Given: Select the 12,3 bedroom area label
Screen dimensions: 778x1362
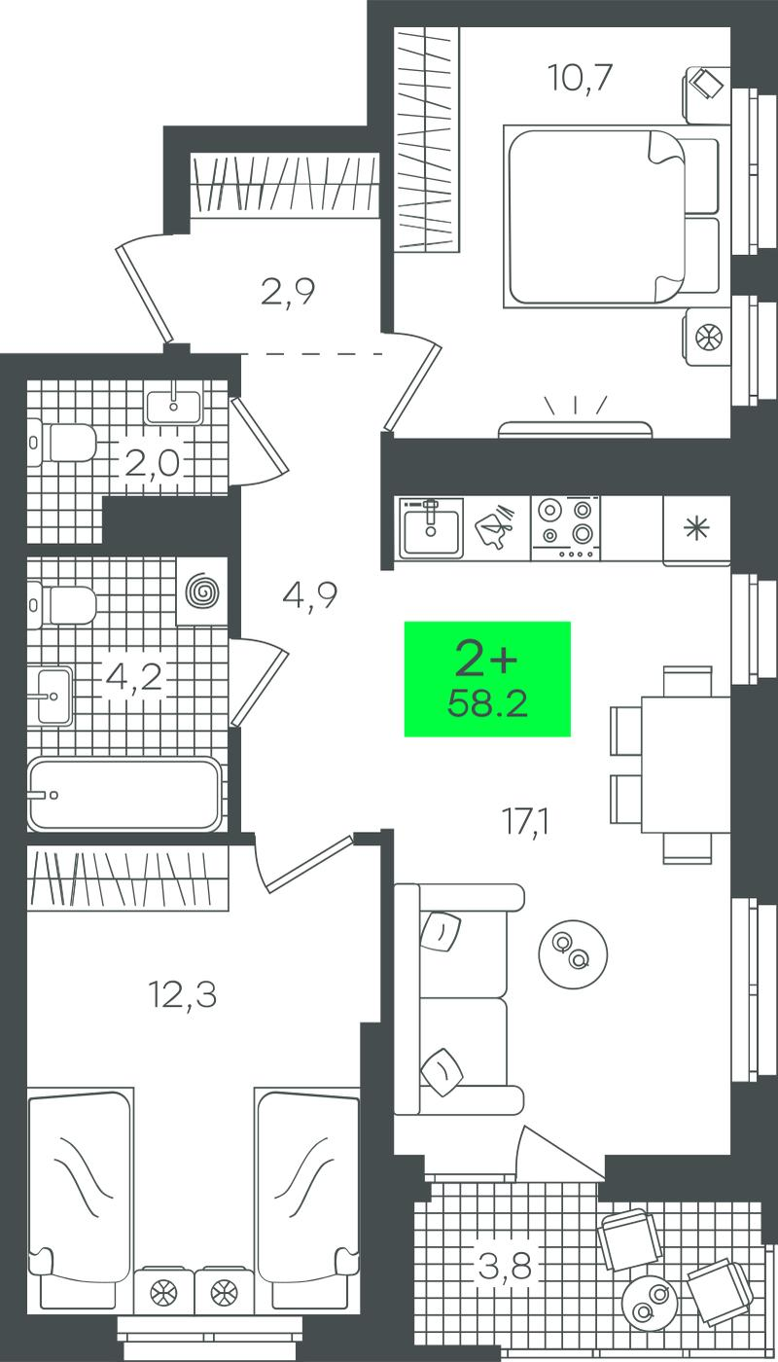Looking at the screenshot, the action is (x=183, y=997).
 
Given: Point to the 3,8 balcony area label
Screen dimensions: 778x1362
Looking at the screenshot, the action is (x=505, y=1266).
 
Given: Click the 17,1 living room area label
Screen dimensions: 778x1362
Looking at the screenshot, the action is (x=526, y=823).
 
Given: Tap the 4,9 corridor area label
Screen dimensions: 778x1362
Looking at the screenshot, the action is (x=310, y=596).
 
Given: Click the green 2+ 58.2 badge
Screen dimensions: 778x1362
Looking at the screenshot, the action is (x=487, y=679).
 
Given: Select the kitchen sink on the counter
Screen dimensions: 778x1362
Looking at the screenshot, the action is (x=431, y=527).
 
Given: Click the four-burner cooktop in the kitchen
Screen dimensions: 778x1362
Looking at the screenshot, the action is (x=566, y=527).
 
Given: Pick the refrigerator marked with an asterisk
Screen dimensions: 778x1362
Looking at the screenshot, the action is (x=696, y=530).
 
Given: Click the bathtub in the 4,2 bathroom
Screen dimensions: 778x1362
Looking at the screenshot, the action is (x=124, y=794).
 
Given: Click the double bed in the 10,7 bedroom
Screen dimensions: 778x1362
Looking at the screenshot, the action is (x=611, y=216).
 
